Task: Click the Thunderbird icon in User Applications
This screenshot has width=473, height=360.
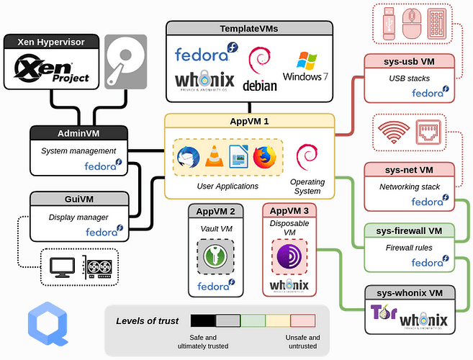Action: click(189, 157)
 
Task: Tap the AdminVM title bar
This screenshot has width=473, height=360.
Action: click(78, 134)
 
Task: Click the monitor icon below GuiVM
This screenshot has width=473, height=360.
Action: click(63, 268)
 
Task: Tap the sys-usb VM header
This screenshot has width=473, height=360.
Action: click(409, 60)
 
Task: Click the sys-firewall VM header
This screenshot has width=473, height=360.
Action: click(409, 231)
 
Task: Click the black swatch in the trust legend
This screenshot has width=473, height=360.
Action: click(202, 320)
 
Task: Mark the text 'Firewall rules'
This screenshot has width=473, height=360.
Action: click(407, 247)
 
